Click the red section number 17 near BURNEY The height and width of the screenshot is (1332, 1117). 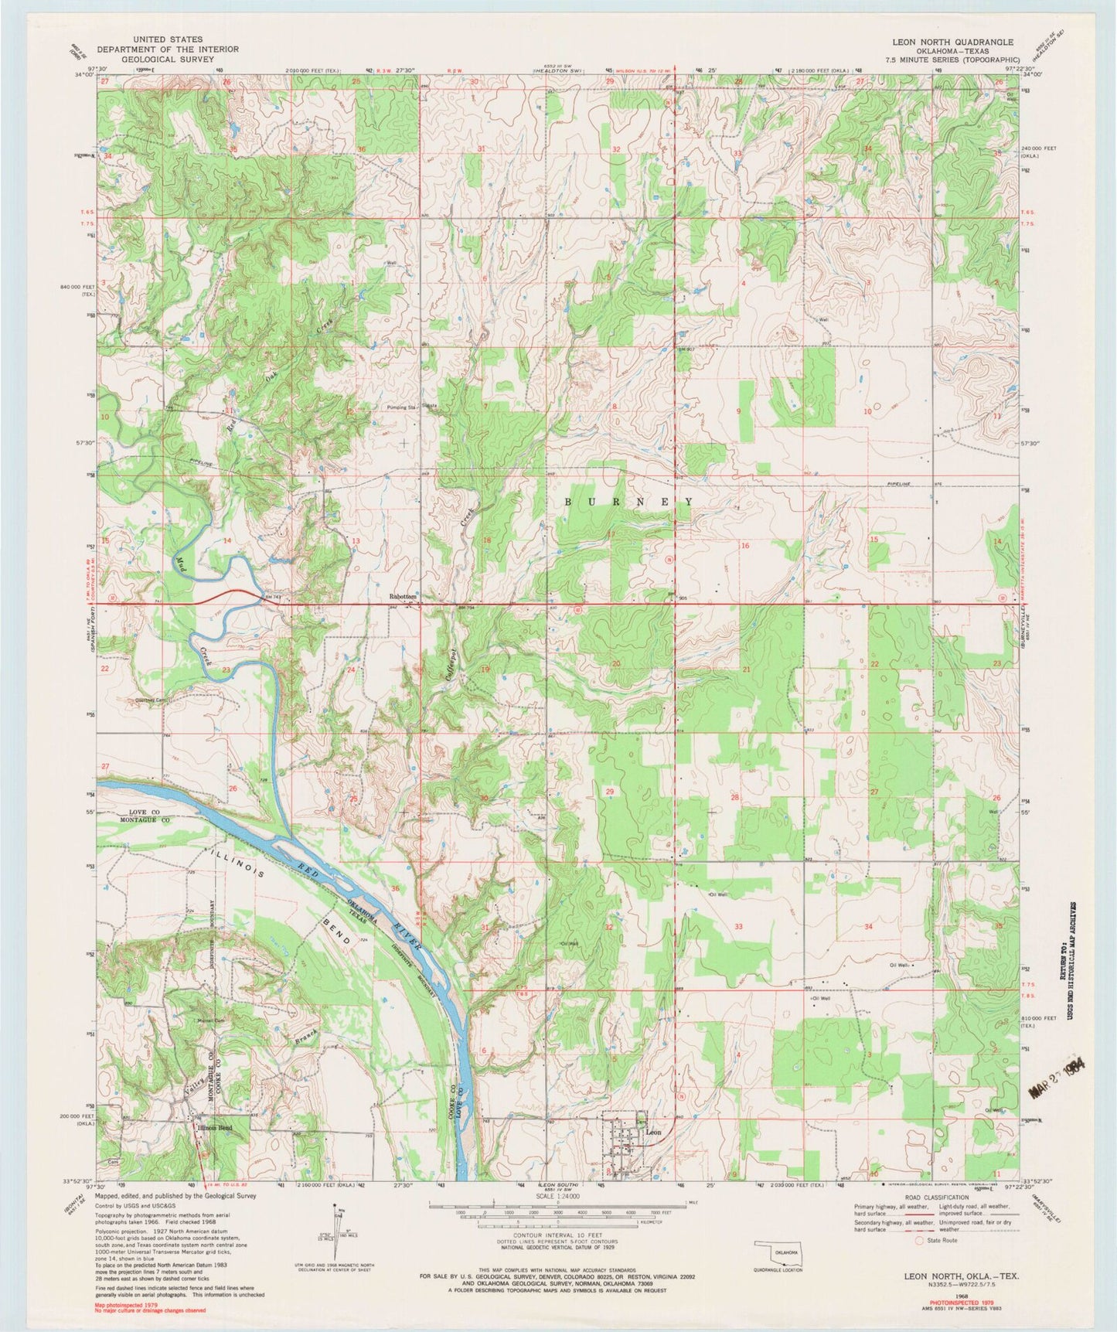tap(611, 533)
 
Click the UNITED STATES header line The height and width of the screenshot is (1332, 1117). tap(168, 39)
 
